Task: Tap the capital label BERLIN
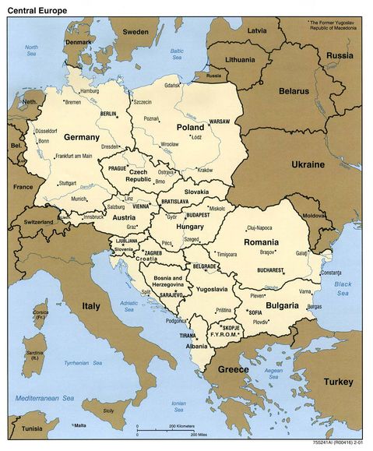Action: click(x=107, y=114)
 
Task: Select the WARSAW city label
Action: click(x=219, y=122)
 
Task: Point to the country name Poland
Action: click(x=190, y=127)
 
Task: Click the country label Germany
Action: click(x=82, y=137)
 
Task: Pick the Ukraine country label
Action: click(x=308, y=165)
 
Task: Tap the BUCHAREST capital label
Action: click(x=273, y=270)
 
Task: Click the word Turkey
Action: click(x=339, y=382)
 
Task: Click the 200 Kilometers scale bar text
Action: click(x=181, y=427)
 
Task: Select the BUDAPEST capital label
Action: click(x=199, y=214)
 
